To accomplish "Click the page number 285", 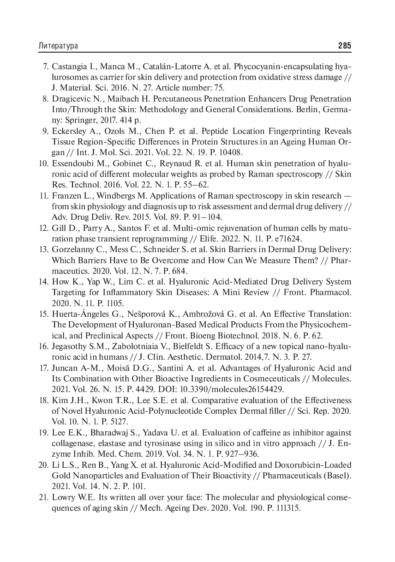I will coord(344,46).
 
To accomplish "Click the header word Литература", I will coord(58,46).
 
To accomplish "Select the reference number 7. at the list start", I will coord(46,66).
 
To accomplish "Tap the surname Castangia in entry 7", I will coord(70,66).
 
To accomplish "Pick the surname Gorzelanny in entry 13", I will coord(74,249).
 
